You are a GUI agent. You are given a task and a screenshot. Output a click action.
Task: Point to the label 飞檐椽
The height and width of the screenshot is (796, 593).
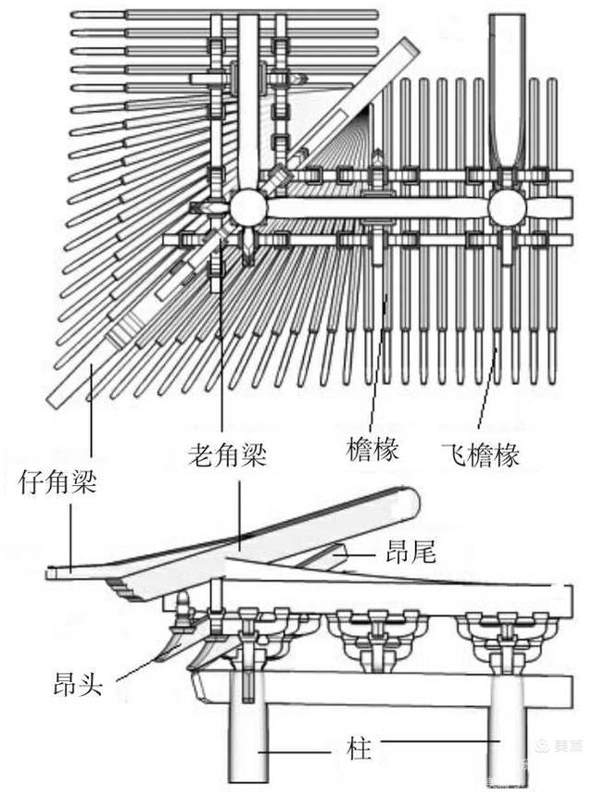point(480,454)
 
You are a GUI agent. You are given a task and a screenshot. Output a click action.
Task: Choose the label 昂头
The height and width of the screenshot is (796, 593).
point(83,687)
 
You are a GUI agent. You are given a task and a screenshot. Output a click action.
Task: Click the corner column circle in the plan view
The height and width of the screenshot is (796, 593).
point(248,207)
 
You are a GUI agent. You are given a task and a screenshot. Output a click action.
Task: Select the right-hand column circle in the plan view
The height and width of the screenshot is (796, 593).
point(507,208)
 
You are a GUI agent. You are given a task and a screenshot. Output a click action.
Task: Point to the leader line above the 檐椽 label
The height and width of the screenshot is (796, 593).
point(377,370)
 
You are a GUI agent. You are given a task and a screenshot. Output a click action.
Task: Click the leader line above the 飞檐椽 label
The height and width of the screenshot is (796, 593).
point(488,389)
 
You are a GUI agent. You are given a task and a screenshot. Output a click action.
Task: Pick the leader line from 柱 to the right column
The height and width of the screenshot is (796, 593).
point(435,741)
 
